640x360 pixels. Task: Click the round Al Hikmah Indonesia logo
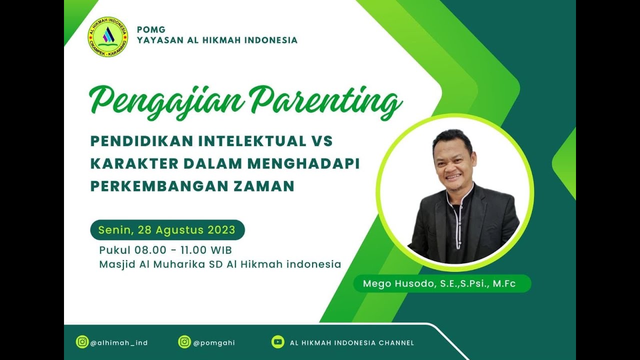tap(108, 36)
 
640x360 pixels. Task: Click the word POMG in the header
tap(151, 29)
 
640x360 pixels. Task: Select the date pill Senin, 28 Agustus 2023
tap(167, 230)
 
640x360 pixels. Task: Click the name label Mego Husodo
tap(442, 284)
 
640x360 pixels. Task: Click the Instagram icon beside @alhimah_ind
tap(82, 342)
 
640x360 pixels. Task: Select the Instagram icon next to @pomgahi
tap(184, 342)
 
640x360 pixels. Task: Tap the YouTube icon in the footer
tap(278, 342)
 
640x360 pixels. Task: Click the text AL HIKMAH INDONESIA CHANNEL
tap(351, 343)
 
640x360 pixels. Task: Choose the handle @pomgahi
tap(214, 343)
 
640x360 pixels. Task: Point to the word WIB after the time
tap(221, 250)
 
